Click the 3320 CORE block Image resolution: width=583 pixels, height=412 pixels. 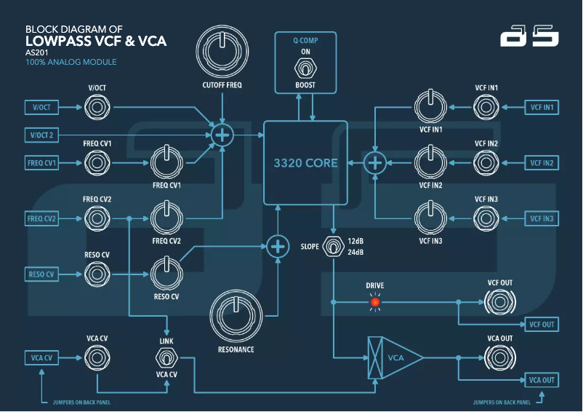(305, 163)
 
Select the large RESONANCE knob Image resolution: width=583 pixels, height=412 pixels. (236, 315)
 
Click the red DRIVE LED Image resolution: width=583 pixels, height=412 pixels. (375, 301)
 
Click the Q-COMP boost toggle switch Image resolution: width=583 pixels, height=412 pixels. (305, 69)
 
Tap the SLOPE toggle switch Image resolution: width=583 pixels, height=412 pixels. (333, 247)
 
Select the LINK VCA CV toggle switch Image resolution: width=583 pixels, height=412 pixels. (167, 357)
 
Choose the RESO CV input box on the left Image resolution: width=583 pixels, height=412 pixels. (42, 274)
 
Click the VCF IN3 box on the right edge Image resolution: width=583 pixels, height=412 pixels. (541, 218)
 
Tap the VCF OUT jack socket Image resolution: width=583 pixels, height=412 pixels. (499, 301)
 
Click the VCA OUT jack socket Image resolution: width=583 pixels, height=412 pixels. (499, 357)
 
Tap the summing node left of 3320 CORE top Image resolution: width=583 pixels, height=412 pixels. (222, 135)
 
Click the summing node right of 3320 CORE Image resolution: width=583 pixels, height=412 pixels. (375, 163)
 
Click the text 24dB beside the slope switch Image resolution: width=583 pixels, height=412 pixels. (356, 253)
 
